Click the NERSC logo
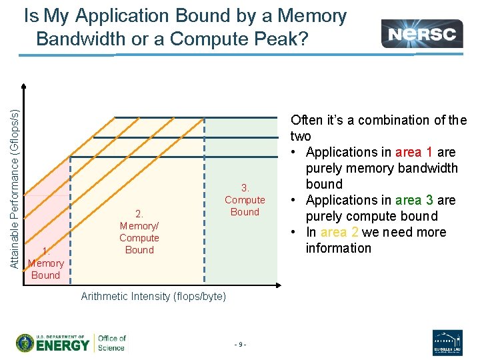click(421, 33)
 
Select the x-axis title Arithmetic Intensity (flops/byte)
click(153, 296)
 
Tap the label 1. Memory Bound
click(45, 263)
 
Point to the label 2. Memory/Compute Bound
click(139, 232)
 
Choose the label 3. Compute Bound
click(245, 199)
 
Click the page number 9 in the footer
click(240, 344)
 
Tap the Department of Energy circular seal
click(27, 343)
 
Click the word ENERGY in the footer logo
click(63, 345)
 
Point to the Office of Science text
click(111, 343)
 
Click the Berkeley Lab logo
click(447, 343)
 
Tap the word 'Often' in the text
click(306, 120)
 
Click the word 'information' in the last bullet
click(338, 248)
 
